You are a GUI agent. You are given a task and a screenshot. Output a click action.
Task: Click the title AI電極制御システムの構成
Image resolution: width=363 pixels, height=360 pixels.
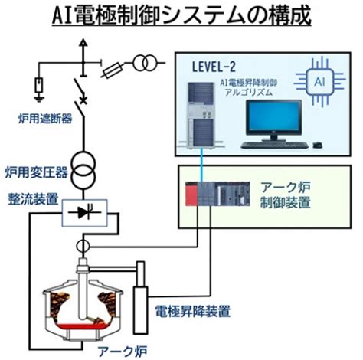click(x=181, y=15)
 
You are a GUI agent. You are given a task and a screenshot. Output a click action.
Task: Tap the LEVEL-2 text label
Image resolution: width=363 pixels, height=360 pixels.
click(x=214, y=67)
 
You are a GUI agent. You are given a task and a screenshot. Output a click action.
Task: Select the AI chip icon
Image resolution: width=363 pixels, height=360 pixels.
click(x=320, y=82)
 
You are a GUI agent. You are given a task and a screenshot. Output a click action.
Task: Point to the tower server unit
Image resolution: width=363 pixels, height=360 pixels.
click(x=201, y=116)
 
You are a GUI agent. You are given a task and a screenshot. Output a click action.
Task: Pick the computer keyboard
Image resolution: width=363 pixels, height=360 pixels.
click(x=275, y=146)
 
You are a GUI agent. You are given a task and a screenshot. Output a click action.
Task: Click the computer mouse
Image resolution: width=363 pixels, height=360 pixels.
click(x=317, y=145)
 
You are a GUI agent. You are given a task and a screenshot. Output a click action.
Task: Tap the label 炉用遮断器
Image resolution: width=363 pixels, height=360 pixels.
click(x=45, y=119)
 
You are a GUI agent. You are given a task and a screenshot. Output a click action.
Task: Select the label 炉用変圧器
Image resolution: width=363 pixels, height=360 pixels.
click(x=37, y=172)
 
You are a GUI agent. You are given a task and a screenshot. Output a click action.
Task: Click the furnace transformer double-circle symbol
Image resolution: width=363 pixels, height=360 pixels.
click(x=83, y=170)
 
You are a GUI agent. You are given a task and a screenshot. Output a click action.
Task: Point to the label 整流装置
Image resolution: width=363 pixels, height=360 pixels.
click(x=33, y=199)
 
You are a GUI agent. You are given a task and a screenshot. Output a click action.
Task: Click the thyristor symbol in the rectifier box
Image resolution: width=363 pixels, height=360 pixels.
click(x=85, y=212)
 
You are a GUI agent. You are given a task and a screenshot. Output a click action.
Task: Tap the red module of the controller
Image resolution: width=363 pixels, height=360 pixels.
click(x=191, y=194)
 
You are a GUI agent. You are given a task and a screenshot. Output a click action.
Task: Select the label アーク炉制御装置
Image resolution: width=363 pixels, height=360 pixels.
click(x=285, y=195)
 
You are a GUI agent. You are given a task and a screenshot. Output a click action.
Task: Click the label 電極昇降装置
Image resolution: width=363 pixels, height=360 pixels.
click(x=193, y=311)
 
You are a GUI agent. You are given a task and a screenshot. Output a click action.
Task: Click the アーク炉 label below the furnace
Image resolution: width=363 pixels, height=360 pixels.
click(x=123, y=351)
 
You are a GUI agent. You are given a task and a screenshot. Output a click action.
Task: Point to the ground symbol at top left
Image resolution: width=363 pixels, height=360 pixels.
click(x=39, y=98)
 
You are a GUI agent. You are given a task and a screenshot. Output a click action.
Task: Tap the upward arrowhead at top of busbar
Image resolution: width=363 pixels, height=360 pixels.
click(x=83, y=42)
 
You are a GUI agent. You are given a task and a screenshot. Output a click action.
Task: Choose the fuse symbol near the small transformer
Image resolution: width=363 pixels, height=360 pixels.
click(x=113, y=70)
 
